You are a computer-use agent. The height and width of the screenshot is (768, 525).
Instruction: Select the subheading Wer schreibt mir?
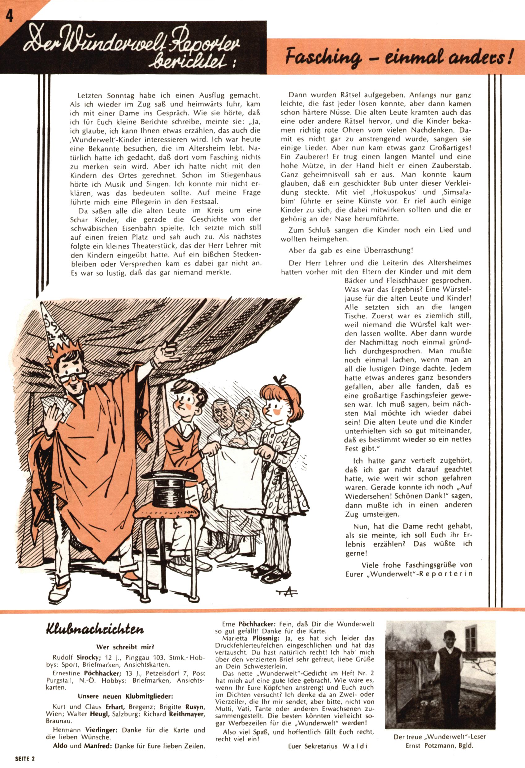125,647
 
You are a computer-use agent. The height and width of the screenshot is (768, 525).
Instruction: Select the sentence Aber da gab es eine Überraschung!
350,251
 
